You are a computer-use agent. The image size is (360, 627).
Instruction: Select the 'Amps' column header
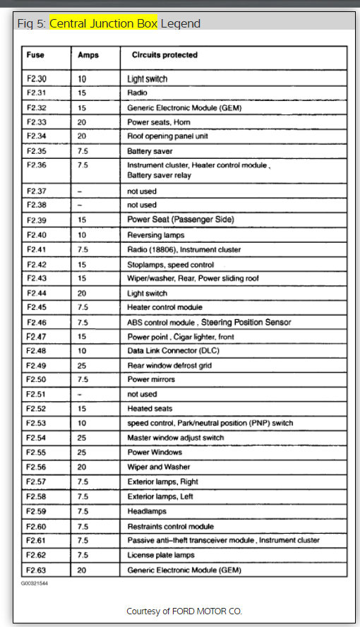coord(88,54)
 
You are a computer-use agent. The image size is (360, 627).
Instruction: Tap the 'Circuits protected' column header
coord(164,54)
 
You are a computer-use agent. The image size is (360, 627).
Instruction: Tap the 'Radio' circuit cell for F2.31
coord(137,92)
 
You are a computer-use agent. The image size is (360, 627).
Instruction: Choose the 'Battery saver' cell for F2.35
coord(150,151)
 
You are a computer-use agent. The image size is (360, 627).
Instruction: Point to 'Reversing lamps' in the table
coord(155,234)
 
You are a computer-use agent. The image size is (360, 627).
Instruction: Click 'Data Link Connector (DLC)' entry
coord(172,351)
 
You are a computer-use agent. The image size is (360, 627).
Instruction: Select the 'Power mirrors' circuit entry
coord(151,380)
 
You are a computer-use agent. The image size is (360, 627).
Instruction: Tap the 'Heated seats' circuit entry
coord(149,409)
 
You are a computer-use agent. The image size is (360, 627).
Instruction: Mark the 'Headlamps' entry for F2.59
coord(146,511)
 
